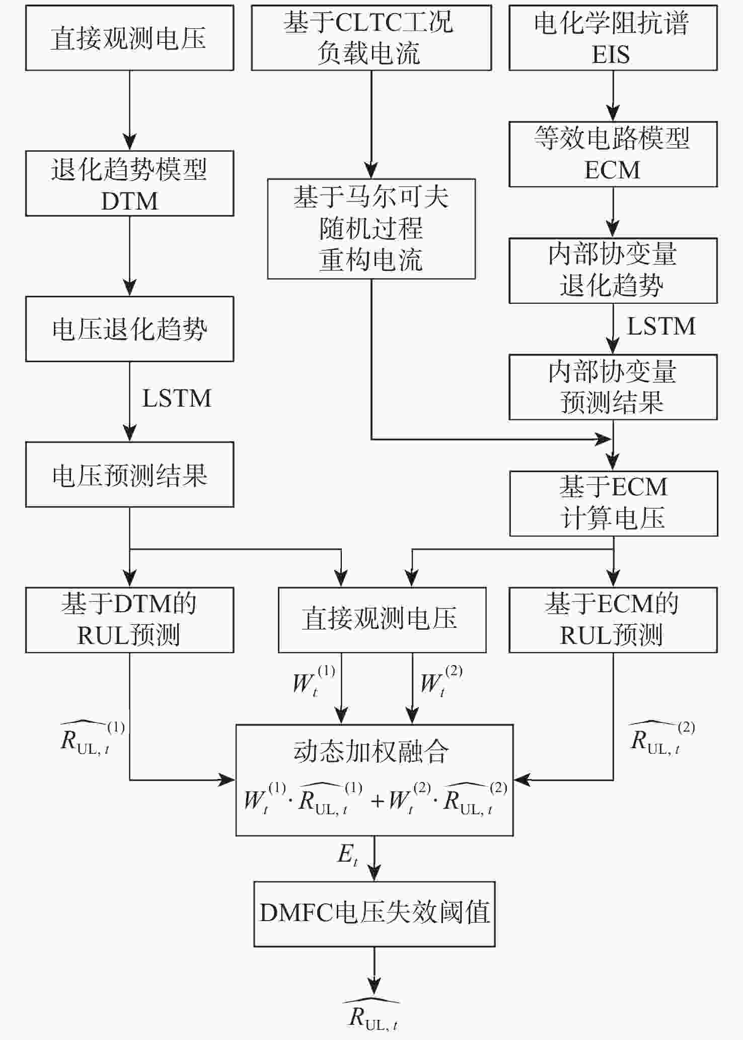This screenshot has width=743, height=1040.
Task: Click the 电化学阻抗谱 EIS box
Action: point(613,38)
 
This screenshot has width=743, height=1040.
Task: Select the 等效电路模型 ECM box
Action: point(613,154)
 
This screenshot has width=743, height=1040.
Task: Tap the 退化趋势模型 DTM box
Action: point(129,183)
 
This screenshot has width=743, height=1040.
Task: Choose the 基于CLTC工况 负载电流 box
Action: point(371,38)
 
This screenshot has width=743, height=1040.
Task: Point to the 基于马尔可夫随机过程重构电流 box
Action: point(371,229)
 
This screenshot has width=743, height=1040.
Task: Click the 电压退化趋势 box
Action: point(129,329)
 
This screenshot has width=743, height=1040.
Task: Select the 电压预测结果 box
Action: point(129,475)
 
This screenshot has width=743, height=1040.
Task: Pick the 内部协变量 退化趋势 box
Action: point(613,271)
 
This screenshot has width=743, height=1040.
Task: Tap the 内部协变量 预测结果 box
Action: point(613,387)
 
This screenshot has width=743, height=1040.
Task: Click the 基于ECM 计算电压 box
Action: point(613,503)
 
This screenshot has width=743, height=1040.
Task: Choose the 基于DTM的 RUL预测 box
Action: point(129,620)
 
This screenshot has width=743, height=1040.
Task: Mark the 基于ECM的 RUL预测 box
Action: point(613,620)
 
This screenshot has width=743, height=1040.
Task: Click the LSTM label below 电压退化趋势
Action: point(177,399)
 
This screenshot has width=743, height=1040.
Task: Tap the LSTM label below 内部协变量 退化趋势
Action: point(661,327)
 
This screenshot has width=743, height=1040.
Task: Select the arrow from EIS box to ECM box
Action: point(613,96)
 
